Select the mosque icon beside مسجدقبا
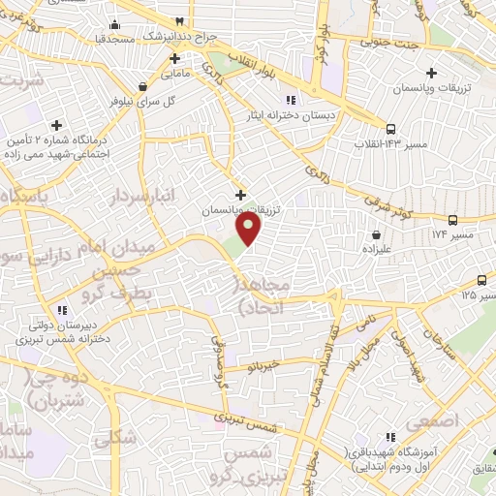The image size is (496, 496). tap(115, 24)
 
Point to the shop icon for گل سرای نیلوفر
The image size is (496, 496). tap(143, 84)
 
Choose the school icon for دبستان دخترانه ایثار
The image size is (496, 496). tap(289, 100)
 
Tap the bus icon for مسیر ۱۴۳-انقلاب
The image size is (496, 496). tap(390, 128)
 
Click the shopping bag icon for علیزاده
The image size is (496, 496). tap(376, 233)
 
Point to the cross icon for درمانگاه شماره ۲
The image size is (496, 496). tap(57, 125)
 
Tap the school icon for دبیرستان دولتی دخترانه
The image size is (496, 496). tap(61, 310)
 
